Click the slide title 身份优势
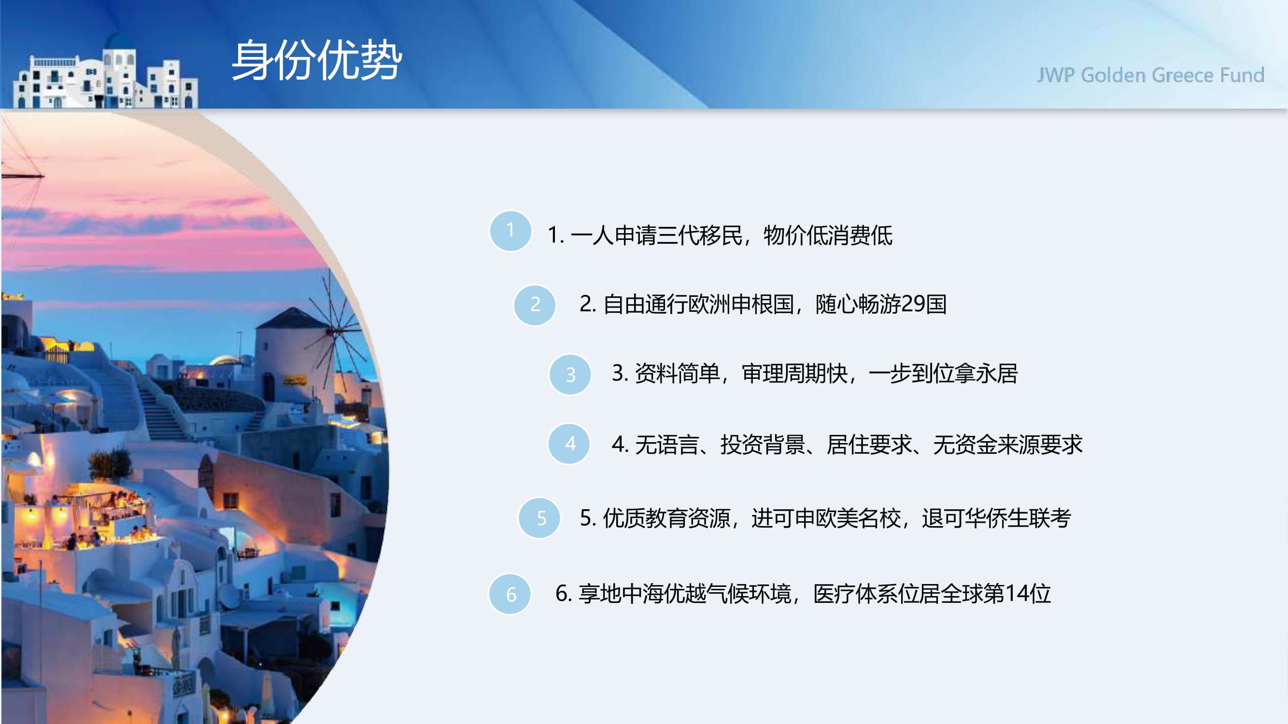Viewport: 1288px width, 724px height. (x=316, y=60)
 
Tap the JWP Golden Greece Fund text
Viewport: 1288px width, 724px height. (x=1150, y=75)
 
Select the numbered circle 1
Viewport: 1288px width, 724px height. (x=510, y=231)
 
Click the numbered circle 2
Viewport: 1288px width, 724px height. (x=535, y=305)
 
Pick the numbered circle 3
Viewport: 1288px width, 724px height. (x=570, y=374)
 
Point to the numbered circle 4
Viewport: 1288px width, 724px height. (x=569, y=444)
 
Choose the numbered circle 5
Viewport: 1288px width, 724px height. (x=539, y=517)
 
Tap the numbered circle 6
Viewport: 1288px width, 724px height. (x=510, y=594)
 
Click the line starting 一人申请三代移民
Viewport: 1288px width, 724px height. (x=720, y=235)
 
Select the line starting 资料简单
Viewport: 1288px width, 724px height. (x=815, y=373)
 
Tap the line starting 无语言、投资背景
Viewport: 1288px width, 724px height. (x=847, y=444)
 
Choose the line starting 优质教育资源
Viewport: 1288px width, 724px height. (x=825, y=517)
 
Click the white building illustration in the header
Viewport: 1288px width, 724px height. (x=105, y=79)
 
